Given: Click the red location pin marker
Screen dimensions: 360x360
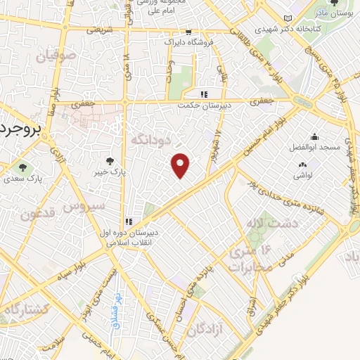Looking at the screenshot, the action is click(181, 165).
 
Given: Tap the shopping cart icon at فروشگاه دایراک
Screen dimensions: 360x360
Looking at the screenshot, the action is click(188, 33).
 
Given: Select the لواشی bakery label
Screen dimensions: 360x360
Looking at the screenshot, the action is click(303, 173).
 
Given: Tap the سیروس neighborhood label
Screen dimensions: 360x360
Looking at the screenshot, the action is click(84, 207).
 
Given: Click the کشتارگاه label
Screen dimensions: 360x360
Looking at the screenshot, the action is click(26, 309).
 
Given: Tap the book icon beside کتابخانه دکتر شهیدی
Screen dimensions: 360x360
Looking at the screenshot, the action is click(286, 19).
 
